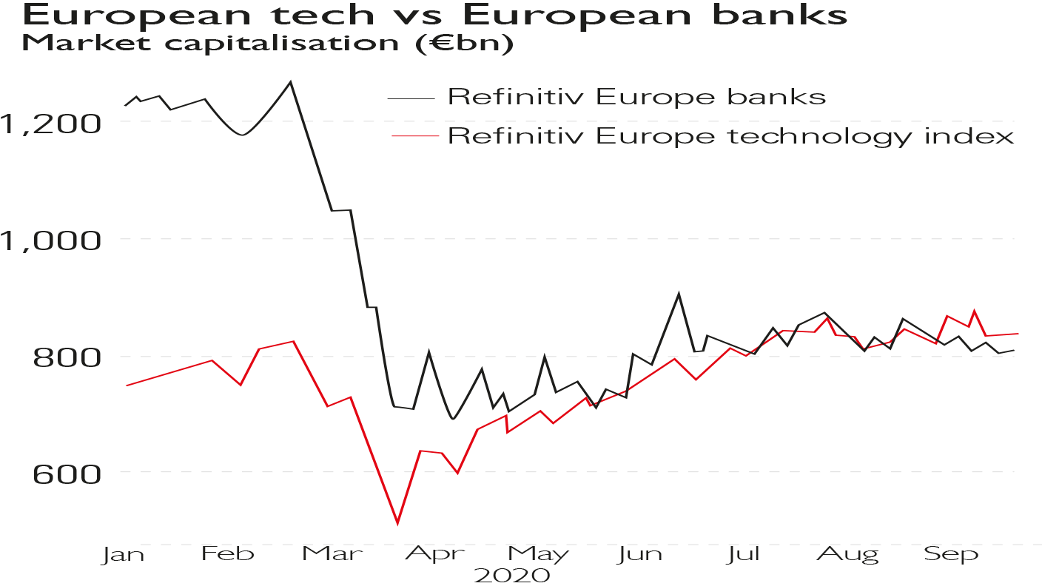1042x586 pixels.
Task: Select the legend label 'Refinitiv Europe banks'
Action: tap(636, 97)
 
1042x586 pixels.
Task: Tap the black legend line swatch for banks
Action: tap(412, 97)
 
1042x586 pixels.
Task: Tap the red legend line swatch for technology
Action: tap(412, 136)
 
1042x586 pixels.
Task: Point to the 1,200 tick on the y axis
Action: tap(50, 123)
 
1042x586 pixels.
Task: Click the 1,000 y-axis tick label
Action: tap(50, 239)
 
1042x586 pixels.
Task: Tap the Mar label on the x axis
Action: tap(327, 555)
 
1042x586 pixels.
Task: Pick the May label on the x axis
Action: tap(538, 555)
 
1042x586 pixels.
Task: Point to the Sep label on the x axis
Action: tap(951, 555)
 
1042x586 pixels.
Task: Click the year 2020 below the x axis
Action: tap(511, 576)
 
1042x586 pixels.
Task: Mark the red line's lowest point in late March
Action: tap(398, 523)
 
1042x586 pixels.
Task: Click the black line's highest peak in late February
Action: tap(291, 81)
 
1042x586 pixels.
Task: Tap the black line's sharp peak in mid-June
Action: tap(678, 294)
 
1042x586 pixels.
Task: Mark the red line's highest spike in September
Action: tap(974, 311)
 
